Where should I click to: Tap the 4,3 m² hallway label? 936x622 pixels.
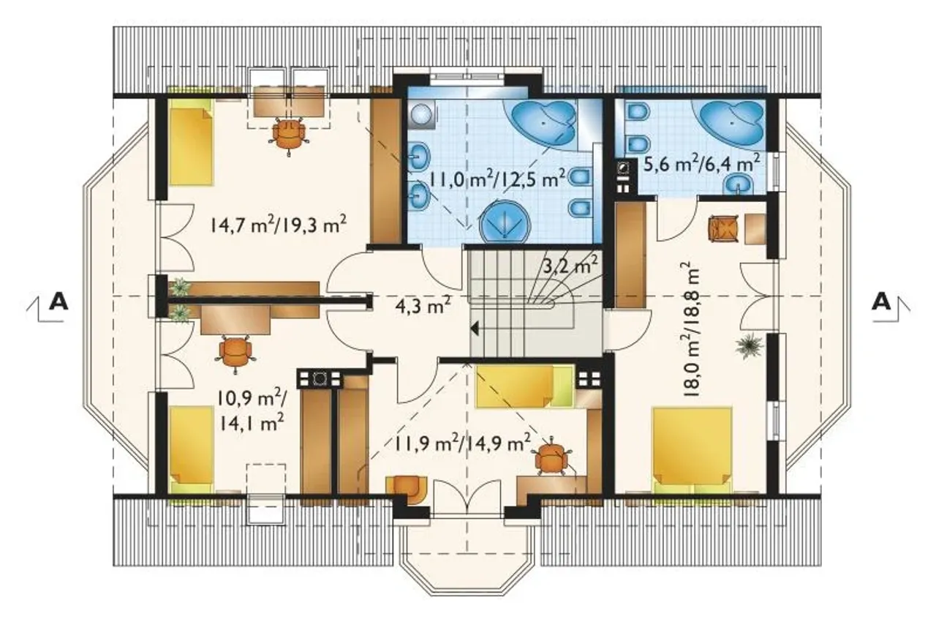[x=423, y=307]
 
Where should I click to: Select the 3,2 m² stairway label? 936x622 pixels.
[x=570, y=265]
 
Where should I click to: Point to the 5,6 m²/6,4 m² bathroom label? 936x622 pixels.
[x=701, y=163]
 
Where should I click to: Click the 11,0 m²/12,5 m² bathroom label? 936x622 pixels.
[x=498, y=180]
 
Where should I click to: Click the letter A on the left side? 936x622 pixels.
[x=58, y=301]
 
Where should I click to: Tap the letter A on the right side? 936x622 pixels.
[x=882, y=301]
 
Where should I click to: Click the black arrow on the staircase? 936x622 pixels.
[x=475, y=329]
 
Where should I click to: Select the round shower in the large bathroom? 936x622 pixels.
[x=506, y=222]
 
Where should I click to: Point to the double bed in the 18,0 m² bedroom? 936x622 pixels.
[x=692, y=451]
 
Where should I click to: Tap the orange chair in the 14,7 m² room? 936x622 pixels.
[x=289, y=133]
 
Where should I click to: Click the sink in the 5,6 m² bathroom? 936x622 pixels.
[x=739, y=184]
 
